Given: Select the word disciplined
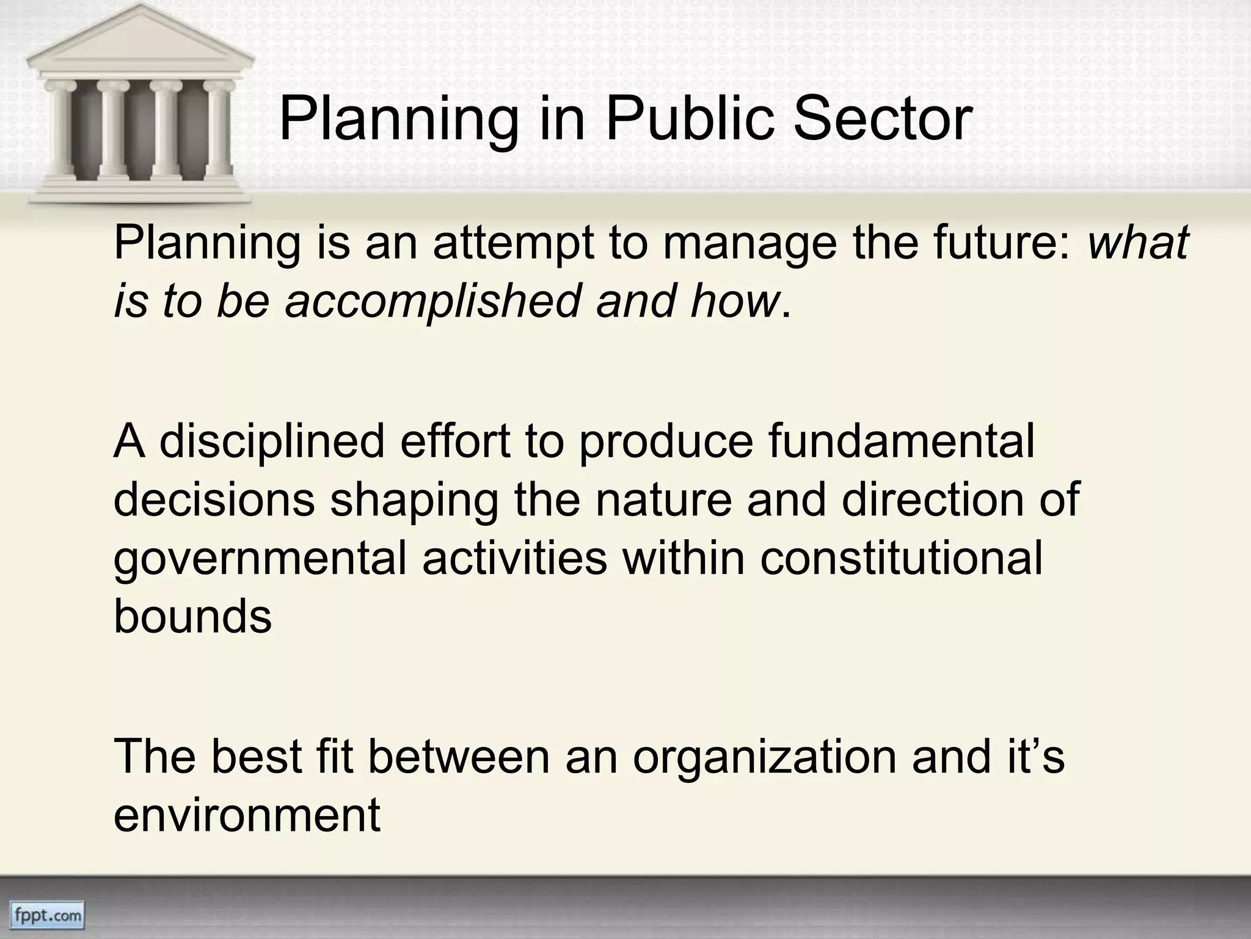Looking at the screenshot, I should click(272, 441).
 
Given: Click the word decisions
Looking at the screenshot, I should click(214, 500).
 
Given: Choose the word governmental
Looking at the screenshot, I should click(260, 559).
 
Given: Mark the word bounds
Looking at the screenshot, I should click(192, 616).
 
